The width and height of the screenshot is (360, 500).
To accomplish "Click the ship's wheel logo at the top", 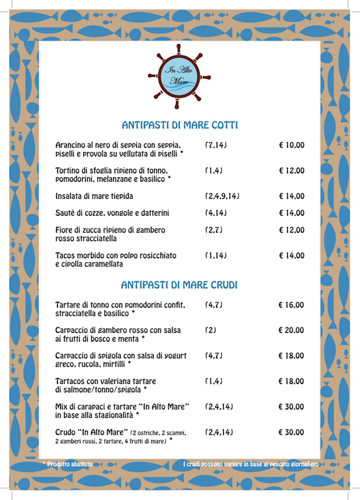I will pos(179,77).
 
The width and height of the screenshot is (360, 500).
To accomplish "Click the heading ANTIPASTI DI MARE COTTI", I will pos(179,125).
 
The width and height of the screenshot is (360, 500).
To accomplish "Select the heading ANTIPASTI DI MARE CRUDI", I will pos(179,285).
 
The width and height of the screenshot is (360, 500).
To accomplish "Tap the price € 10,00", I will pos(291,145).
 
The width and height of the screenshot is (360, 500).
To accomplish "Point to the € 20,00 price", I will pos(291,331).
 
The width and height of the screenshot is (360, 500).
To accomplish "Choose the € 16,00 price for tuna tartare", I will pos(291,305).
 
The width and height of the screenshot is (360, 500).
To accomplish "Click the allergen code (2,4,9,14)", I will pos(222,197).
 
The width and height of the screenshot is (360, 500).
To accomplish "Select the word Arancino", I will pos(70,145).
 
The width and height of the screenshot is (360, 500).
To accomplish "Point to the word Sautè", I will pos(65,213).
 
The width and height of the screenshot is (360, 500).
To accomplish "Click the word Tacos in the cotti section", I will pos(65,256).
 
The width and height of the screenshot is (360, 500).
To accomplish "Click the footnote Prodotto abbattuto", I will pos(70,465).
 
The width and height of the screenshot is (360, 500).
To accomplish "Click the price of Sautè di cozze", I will pos(291,213).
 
